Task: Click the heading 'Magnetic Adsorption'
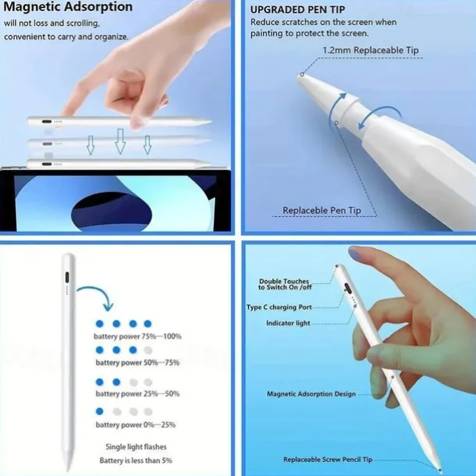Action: [x=68, y=7]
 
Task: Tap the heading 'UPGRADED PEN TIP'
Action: [x=297, y=9]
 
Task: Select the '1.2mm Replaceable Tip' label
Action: [x=371, y=50]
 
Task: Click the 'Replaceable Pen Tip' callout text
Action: [x=321, y=211]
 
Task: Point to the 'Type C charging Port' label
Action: [x=279, y=307]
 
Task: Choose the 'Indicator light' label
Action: [x=288, y=323]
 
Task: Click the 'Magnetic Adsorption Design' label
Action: [x=311, y=394]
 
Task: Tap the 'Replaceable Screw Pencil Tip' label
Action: [x=328, y=460]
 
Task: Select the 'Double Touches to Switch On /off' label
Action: [x=285, y=284]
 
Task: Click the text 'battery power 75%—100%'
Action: [x=137, y=336]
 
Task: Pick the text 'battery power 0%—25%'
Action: [x=136, y=424]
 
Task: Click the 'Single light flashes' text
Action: [x=136, y=447]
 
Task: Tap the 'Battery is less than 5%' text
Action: [x=136, y=460]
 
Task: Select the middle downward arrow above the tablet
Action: [x=120, y=141]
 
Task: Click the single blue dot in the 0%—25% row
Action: [x=100, y=411]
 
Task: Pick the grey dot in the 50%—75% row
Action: [x=147, y=350]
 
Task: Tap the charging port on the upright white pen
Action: [x=67, y=277]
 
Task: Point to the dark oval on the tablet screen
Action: [x=112, y=209]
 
